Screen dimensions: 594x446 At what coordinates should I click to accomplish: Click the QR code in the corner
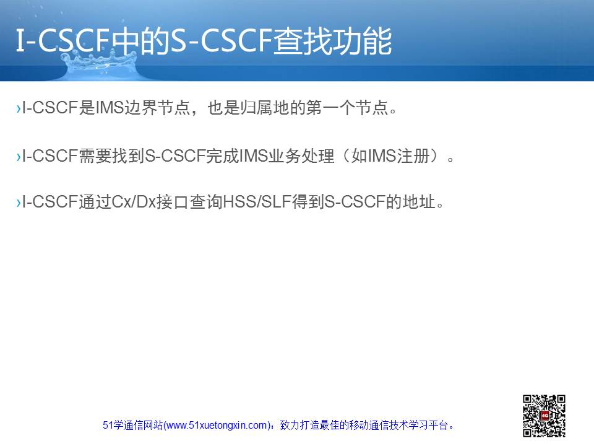click(544, 416)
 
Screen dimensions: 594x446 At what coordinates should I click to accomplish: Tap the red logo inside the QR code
click(544, 416)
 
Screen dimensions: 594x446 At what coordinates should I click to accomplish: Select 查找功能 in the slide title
click(333, 41)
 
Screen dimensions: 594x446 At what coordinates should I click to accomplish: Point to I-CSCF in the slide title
click(62, 41)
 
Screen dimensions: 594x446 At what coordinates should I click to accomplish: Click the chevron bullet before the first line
click(19, 109)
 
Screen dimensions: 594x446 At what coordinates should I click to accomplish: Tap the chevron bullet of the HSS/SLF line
click(19, 203)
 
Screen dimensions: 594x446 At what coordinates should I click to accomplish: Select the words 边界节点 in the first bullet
click(157, 108)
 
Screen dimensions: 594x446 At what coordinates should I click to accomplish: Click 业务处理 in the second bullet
click(302, 156)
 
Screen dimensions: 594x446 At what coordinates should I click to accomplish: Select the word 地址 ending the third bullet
click(419, 202)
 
